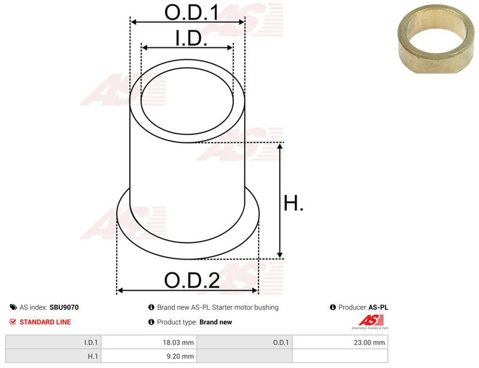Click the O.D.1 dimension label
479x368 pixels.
tap(192, 13)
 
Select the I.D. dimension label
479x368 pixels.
tap(191, 38)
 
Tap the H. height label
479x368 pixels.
tap(293, 203)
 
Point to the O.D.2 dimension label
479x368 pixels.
tap(192, 280)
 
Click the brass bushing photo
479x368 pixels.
tap(436, 39)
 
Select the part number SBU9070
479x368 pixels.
tap(64, 307)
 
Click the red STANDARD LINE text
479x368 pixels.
tap(46, 322)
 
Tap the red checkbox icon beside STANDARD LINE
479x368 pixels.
tap(13, 321)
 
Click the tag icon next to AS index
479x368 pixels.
tap(13, 307)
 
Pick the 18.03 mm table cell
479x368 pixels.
tap(148, 342)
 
